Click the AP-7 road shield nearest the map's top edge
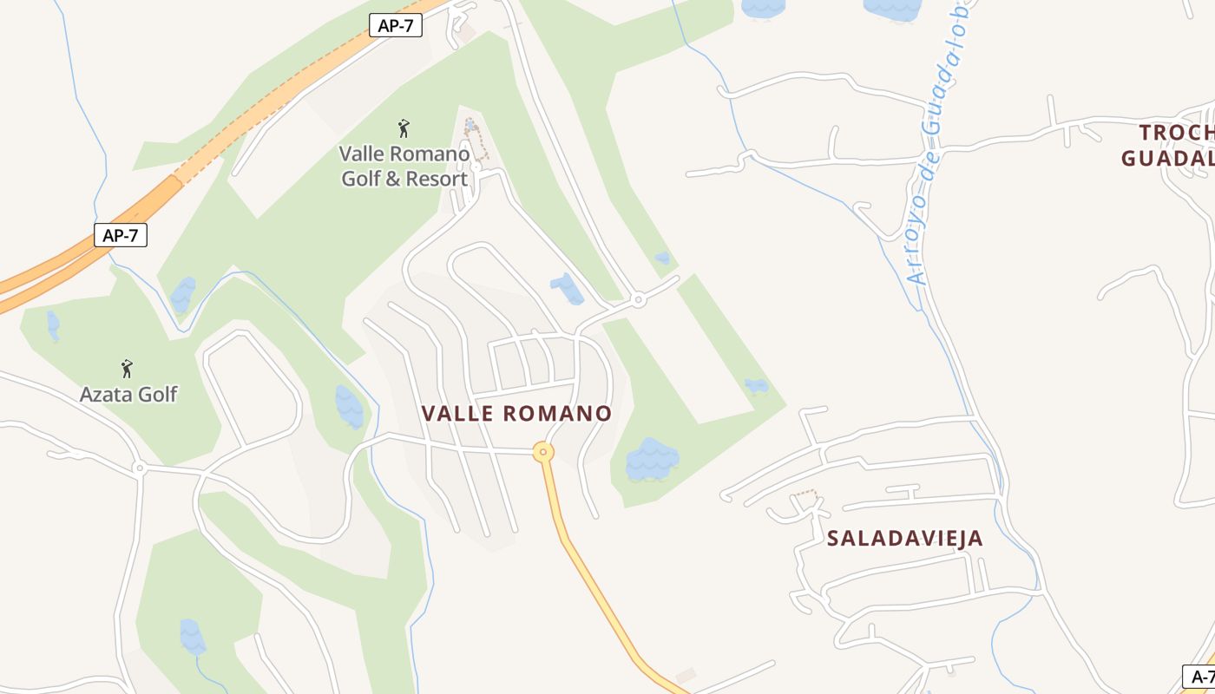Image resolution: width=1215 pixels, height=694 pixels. tap(396, 25)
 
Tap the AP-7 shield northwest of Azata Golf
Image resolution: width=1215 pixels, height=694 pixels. tap(121, 235)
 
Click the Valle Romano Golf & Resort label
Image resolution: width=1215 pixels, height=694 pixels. tap(404, 167)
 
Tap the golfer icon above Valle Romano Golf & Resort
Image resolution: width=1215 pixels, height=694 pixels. tap(404, 129)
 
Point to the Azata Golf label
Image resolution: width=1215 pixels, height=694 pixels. tap(128, 395)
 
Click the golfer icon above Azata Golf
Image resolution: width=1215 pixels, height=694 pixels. tap(127, 369)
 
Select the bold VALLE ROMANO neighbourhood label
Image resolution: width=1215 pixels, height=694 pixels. tap(517, 414)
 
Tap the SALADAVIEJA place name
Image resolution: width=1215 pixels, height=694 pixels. tap(905, 538)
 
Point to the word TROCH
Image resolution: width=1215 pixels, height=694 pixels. tap(1176, 133)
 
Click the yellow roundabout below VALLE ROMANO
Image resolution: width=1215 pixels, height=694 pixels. tap(543, 452)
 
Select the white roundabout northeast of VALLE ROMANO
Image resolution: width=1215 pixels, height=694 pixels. tap(639, 300)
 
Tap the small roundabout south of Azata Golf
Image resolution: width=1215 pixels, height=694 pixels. tap(139, 468)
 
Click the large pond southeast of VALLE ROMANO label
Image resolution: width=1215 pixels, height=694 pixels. tap(652, 460)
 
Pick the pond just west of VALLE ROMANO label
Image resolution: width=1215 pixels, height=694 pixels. tap(349, 407)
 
